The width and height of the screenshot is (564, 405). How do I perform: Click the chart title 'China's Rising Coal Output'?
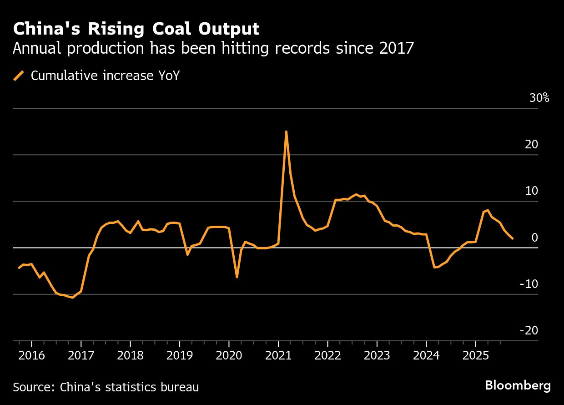pos(136,29)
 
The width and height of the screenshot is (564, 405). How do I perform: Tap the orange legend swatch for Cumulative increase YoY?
pos(19,75)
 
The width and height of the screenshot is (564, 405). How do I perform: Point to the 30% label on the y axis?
pos(539,98)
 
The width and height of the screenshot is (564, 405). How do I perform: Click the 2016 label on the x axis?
pos(31,355)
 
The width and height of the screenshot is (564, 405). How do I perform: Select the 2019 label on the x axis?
pos(179,355)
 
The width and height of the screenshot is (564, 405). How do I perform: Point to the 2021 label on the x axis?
pos(278,355)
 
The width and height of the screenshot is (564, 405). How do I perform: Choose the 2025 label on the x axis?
pos(475,355)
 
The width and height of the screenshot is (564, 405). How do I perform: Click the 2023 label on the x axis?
pos(377,355)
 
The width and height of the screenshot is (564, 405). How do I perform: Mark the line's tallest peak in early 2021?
pos(286,132)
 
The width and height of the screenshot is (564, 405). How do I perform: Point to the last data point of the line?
pos(513,238)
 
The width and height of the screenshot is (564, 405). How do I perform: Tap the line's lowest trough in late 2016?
pos(73,298)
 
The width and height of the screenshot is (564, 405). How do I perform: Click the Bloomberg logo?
pos(518,386)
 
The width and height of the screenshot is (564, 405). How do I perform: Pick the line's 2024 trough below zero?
pos(434,268)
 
